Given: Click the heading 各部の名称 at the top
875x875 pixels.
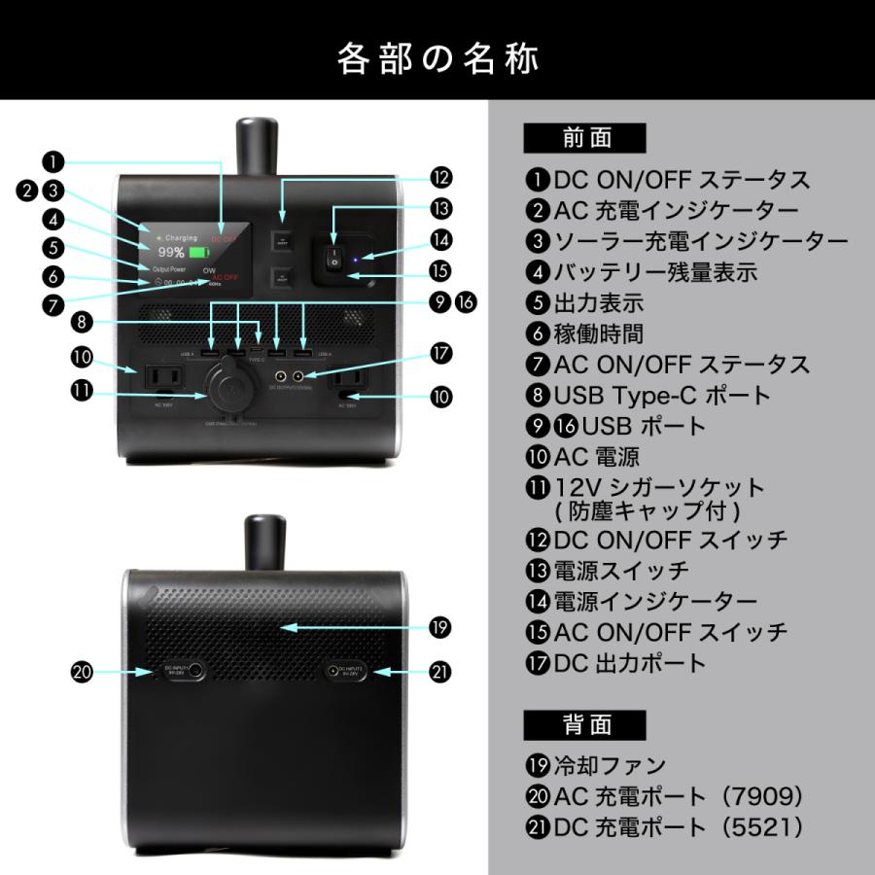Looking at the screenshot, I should click(x=437, y=58).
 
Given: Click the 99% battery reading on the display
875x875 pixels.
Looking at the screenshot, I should click(x=170, y=252).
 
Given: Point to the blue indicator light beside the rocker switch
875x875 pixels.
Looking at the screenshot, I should click(x=358, y=260).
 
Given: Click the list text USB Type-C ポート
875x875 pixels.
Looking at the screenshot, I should click(x=661, y=396).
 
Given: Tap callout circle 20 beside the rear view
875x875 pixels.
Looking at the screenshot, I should click(x=84, y=672).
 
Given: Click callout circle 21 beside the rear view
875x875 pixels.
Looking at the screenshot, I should click(x=440, y=672).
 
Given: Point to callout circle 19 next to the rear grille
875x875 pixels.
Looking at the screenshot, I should click(x=440, y=628).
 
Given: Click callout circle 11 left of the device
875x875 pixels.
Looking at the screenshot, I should click(x=84, y=391).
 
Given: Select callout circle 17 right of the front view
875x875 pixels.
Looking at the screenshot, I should click(x=440, y=354).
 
